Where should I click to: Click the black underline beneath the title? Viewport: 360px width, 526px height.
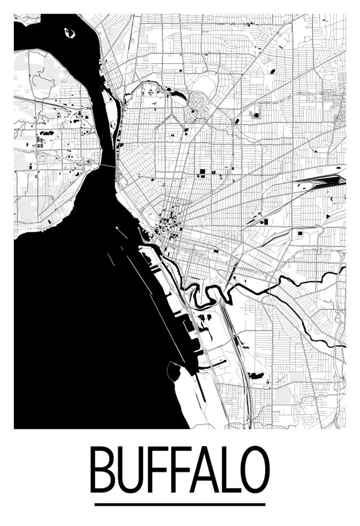click(180, 504)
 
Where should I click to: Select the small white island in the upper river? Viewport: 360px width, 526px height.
click(69, 33)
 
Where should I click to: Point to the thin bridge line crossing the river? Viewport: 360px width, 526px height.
click(108, 166)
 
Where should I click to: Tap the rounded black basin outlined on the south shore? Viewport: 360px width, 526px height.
click(173, 370)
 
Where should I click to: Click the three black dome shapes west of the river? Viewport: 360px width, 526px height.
click(47, 133)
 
